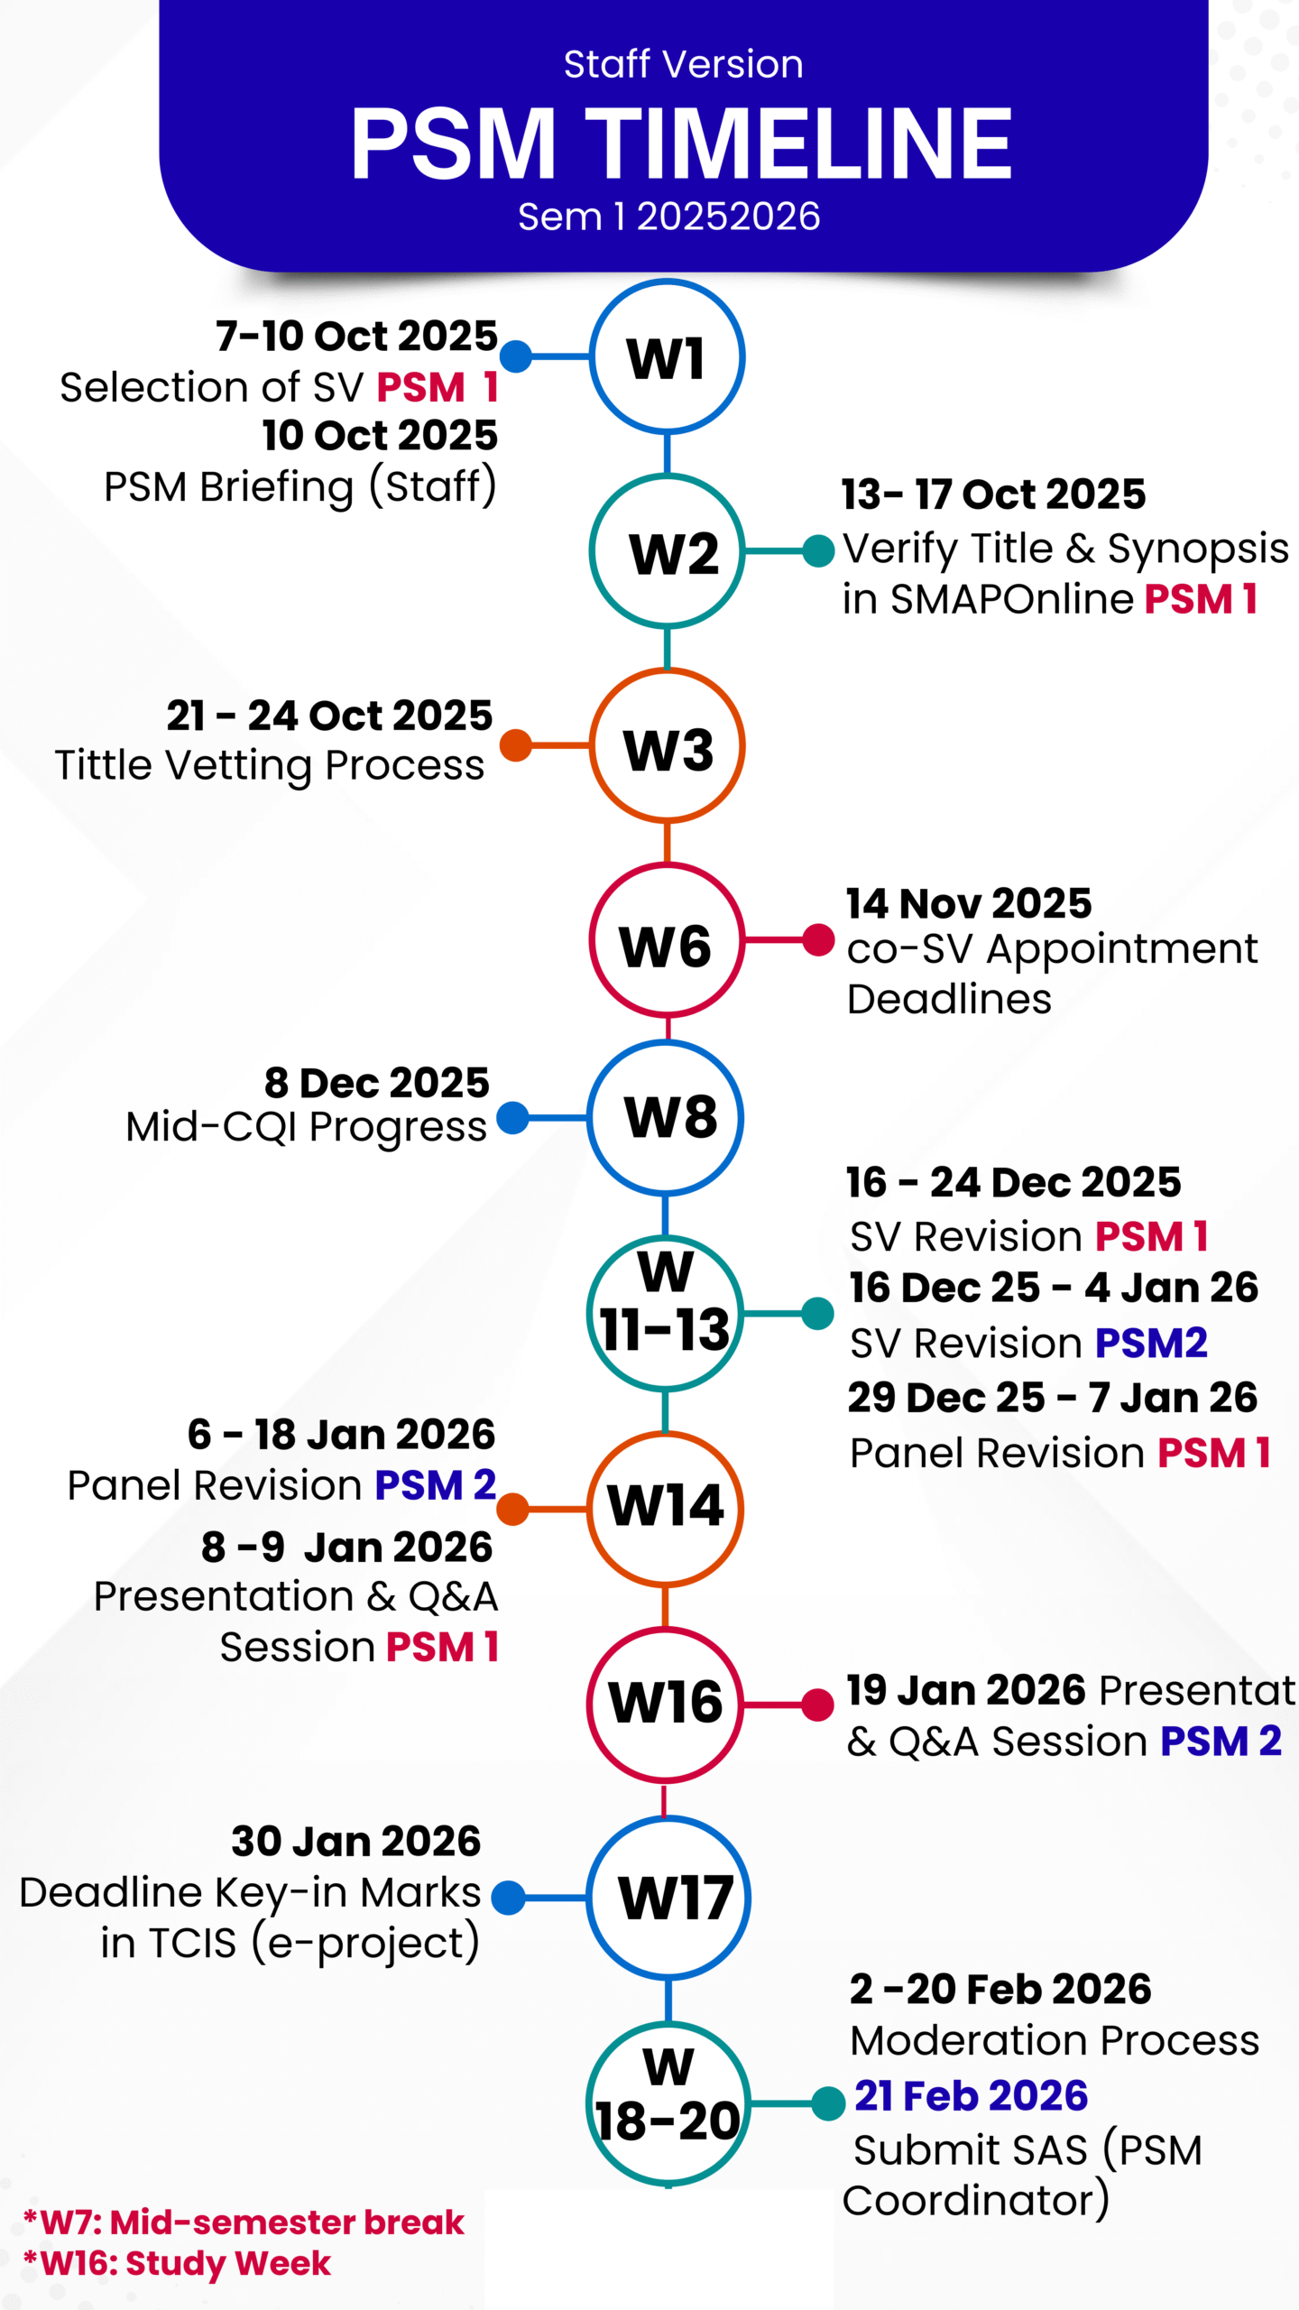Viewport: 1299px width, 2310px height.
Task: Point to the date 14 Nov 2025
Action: click(969, 903)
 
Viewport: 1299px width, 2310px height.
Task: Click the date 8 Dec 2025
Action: click(377, 1082)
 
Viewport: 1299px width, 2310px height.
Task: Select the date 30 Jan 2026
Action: click(356, 1840)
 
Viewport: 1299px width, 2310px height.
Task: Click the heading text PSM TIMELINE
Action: click(682, 143)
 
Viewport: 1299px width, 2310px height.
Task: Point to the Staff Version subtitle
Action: click(684, 64)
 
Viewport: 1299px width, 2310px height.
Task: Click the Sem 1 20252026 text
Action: click(669, 217)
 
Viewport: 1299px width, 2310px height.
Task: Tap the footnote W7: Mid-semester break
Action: click(244, 2222)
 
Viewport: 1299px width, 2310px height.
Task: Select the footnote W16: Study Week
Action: click(178, 2263)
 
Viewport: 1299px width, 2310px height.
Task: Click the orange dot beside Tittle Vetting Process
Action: click(516, 745)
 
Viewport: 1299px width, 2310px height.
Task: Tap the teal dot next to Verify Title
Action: click(818, 550)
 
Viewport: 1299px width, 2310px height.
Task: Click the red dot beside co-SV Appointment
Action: click(818, 939)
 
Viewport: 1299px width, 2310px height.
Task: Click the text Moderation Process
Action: click(1055, 2040)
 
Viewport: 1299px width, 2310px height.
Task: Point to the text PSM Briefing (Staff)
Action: click(300, 486)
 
